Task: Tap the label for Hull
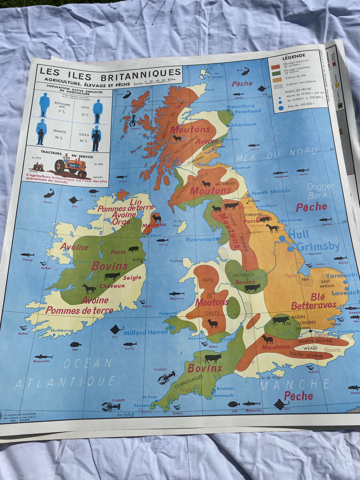(x=299, y=234)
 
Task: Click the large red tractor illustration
(x=70, y=166)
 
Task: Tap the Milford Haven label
(x=146, y=332)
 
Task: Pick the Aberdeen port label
(x=243, y=124)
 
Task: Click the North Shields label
(x=271, y=192)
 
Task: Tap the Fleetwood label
(x=200, y=239)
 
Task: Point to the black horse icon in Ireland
(x=89, y=289)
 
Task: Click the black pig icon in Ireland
(x=133, y=249)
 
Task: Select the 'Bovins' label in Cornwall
(x=204, y=368)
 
